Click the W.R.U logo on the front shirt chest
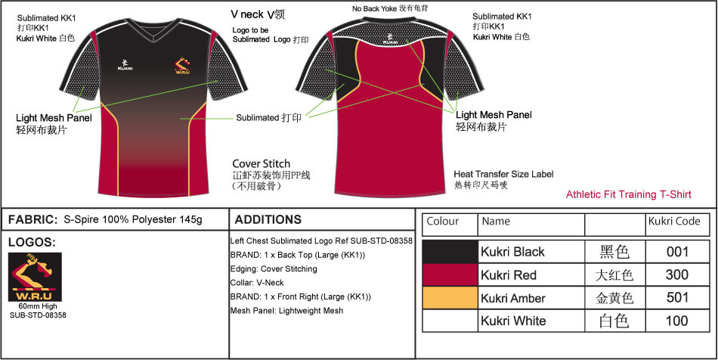(x=182, y=65)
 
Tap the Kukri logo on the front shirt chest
(x=125, y=64)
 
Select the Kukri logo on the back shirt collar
(x=390, y=39)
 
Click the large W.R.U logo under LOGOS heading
(x=36, y=277)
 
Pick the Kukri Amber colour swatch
(x=450, y=298)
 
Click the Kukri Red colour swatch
(x=450, y=275)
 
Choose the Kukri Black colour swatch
(x=450, y=251)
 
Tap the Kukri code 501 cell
(x=677, y=298)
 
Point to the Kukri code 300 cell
(x=677, y=275)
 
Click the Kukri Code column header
(x=674, y=222)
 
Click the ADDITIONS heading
(x=268, y=219)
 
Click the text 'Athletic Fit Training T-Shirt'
(x=629, y=194)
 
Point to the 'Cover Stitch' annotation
(x=261, y=163)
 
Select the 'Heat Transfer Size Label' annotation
(x=503, y=174)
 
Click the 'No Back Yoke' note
(x=375, y=8)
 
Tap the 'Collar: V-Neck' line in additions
(x=257, y=283)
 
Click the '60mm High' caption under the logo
(x=38, y=306)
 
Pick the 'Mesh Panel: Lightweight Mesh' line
(x=286, y=311)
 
